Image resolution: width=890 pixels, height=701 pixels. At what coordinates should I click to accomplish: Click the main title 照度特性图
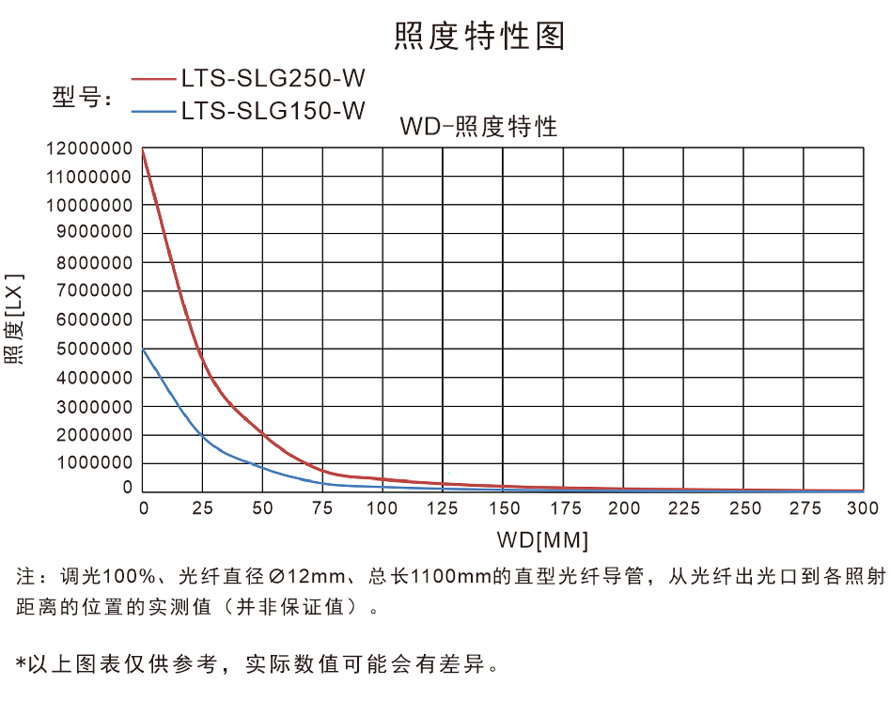pos(479,36)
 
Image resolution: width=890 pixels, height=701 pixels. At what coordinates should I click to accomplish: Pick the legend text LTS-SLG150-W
pos(273,111)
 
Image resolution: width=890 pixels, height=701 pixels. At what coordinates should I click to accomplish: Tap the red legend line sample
pos(154,80)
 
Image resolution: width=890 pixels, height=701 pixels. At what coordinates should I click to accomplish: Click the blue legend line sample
pos(154,112)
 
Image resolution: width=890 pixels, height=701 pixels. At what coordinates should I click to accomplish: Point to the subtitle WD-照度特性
pos(478,127)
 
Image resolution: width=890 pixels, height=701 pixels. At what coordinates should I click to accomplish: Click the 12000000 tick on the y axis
pos(88,148)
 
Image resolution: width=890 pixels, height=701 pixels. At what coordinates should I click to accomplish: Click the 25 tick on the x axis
pos(202,508)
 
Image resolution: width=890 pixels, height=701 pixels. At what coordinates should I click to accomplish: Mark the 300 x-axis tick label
pos(863,508)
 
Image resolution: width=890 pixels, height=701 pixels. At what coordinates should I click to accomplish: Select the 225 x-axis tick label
pos(683,508)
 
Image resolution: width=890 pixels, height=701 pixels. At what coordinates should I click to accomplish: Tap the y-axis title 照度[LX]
pos(13,319)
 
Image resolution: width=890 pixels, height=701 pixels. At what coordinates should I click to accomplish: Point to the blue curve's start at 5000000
pos(143,349)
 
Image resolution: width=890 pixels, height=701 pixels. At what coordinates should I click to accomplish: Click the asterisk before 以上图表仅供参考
pos(22,664)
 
